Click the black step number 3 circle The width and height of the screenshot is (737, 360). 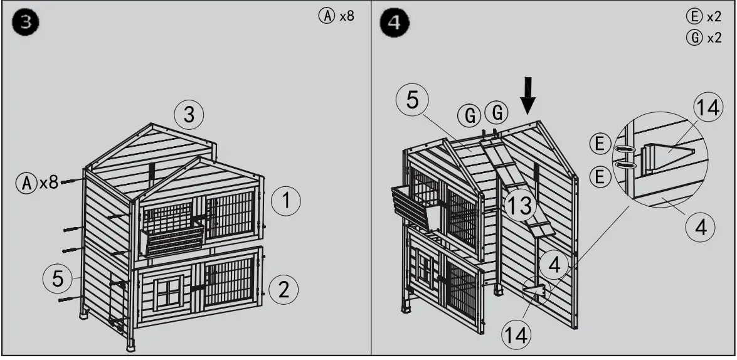(x=25, y=23)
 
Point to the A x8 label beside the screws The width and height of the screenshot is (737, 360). (x=38, y=183)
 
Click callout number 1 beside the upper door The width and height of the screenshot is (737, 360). (x=286, y=201)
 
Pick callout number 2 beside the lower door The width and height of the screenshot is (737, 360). (x=284, y=289)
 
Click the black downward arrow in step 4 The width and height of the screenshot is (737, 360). (x=529, y=94)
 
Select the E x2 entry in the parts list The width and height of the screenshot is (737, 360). (x=704, y=18)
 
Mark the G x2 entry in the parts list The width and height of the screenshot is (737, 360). (x=704, y=38)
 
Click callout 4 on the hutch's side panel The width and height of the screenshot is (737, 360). (x=553, y=265)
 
